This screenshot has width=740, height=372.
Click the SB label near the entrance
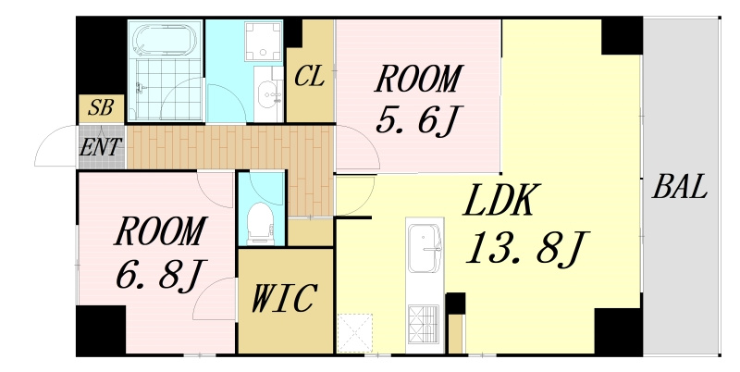pos(101,107)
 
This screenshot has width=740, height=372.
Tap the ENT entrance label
pos(101,147)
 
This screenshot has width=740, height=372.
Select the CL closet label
pos(310,76)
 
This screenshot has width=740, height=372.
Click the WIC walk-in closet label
pos(283,298)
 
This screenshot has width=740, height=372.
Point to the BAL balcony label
pos(680,186)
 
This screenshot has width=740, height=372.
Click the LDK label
pos(501,200)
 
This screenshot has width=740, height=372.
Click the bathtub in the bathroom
pos(166,39)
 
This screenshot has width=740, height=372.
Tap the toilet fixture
pos(261,223)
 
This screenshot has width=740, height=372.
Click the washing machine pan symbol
pos(264,41)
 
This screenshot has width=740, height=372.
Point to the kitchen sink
pos(425,248)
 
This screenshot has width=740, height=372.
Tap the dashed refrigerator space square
pos(355,333)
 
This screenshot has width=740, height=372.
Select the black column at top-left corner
pos(101,56)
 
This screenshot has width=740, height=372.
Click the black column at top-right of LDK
pos(622,36)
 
